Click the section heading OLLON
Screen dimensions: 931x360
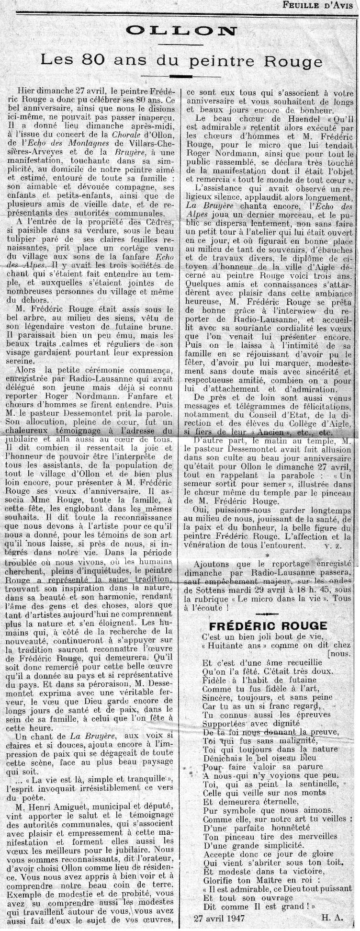coord(181,32)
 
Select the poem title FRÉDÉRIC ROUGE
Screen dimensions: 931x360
coord(268,625)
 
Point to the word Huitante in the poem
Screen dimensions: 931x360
coord(228,646)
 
